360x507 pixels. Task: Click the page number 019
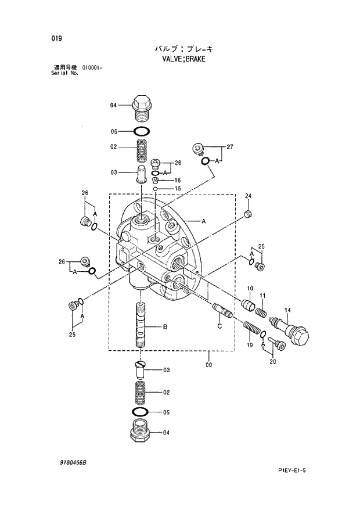[56, 38]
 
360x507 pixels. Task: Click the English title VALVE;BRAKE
[182, 59]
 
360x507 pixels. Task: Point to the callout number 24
[248, 196]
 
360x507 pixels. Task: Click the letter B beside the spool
[165, 328]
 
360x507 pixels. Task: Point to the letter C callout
[219, 327]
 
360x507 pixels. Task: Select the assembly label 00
[208, 365]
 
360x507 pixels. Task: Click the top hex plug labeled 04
[142, 106]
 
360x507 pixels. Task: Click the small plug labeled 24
[248, 215]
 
